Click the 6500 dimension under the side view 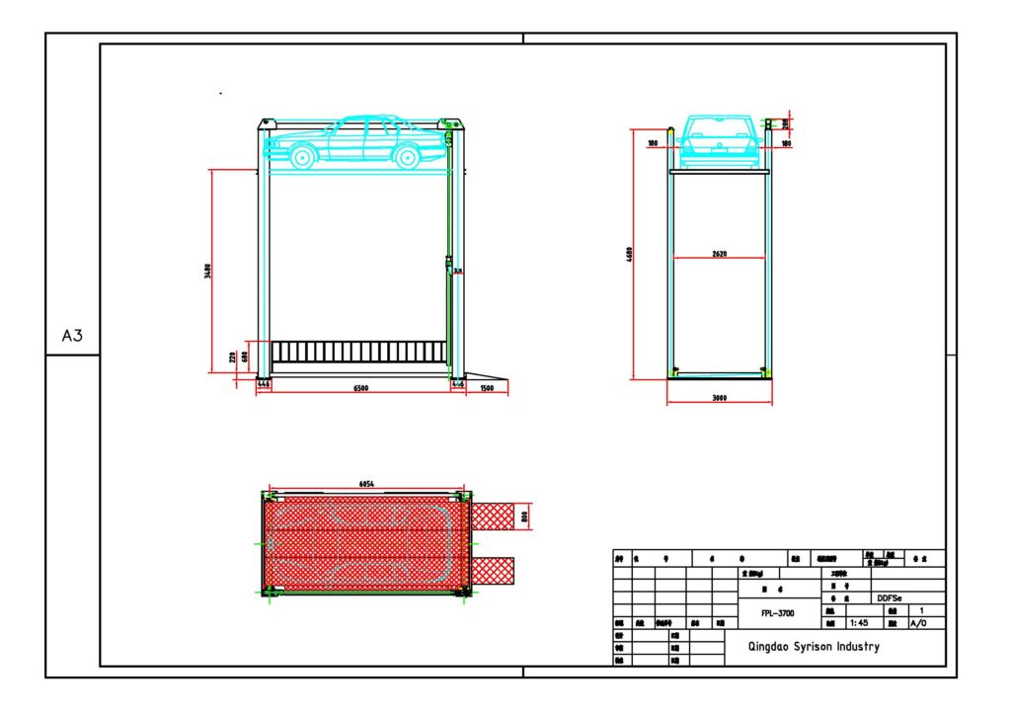pyautogui.click(x=361, y=389)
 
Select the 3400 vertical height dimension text pyautogui.click(x=207, y=271)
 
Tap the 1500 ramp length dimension pyautogui.click(x=487, y=389)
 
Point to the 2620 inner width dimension pyautogui.click(x=719, y=254)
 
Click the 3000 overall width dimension pyautogui.click(x=719, y=398)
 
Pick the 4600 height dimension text pyautogui.click(x=629, y=255)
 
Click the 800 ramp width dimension pyautogui.click(x=525, y=515)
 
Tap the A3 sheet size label pyautogui.click(x=72, y=336)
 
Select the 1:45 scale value pyautogui.click(x=858, y=623)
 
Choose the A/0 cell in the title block pyautogui.click(x=918, y=623)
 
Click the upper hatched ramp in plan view pyautogui.click(x=493, y=515)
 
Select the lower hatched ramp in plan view pyautogui.click(x=493, y=569)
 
